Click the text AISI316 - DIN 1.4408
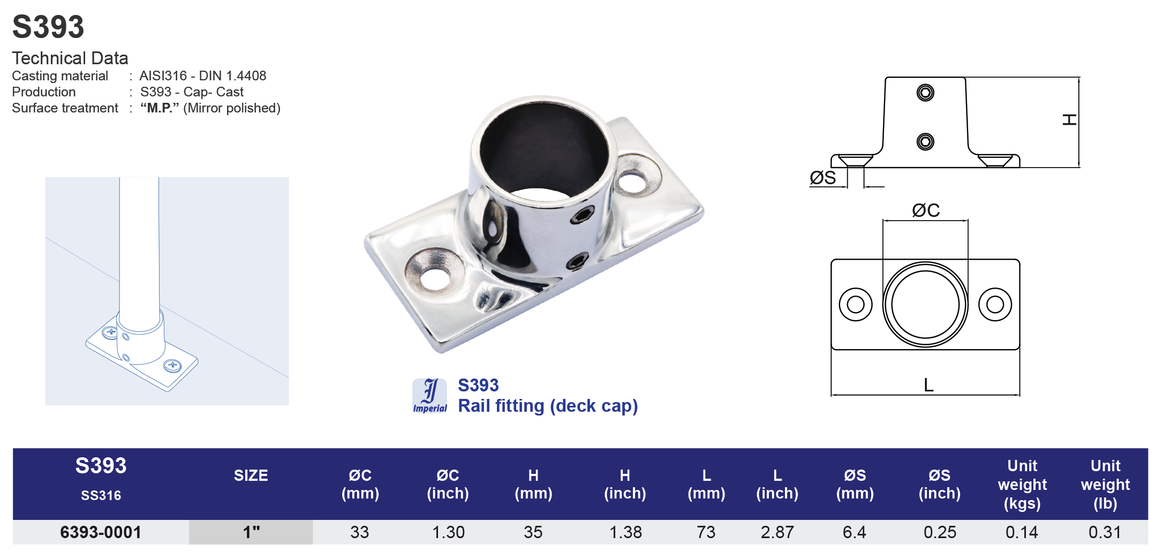pyautogui.click(x=202, y=75)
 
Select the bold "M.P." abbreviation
pyautogui.click(x=159, y=108)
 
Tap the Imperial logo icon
pyautogui.click(x=429, y=396)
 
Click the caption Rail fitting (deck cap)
pyautogui.click(x=547, y=406)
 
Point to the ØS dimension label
pyautogui.click(x=822, y=178)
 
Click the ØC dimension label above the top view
pyautogui.click(x=926, y=210)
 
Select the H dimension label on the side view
pyautogui.click(x=1069, y=119)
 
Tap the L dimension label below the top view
pyautogui.click(x=928, y=385)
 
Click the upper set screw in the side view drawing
pyautogui.click(x=925, y=93)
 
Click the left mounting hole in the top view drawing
pyautogui.click(x=855, y=305)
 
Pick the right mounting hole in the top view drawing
pyautogui.click(x=995, y=305)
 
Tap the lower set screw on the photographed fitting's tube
pyautogui.click(x=577, y=262)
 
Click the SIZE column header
pyautogui.click(x=251, y=475)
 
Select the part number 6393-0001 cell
pyautogui.click(x=101, y=532)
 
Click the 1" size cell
pyautogui.click(x=251, y=532)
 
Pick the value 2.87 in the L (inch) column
pyautogui.click(x=777, y=532)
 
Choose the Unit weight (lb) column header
pyautogui.click(x=1105, y=484)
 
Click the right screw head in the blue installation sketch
pyautogui.click(x=172, y=366)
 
